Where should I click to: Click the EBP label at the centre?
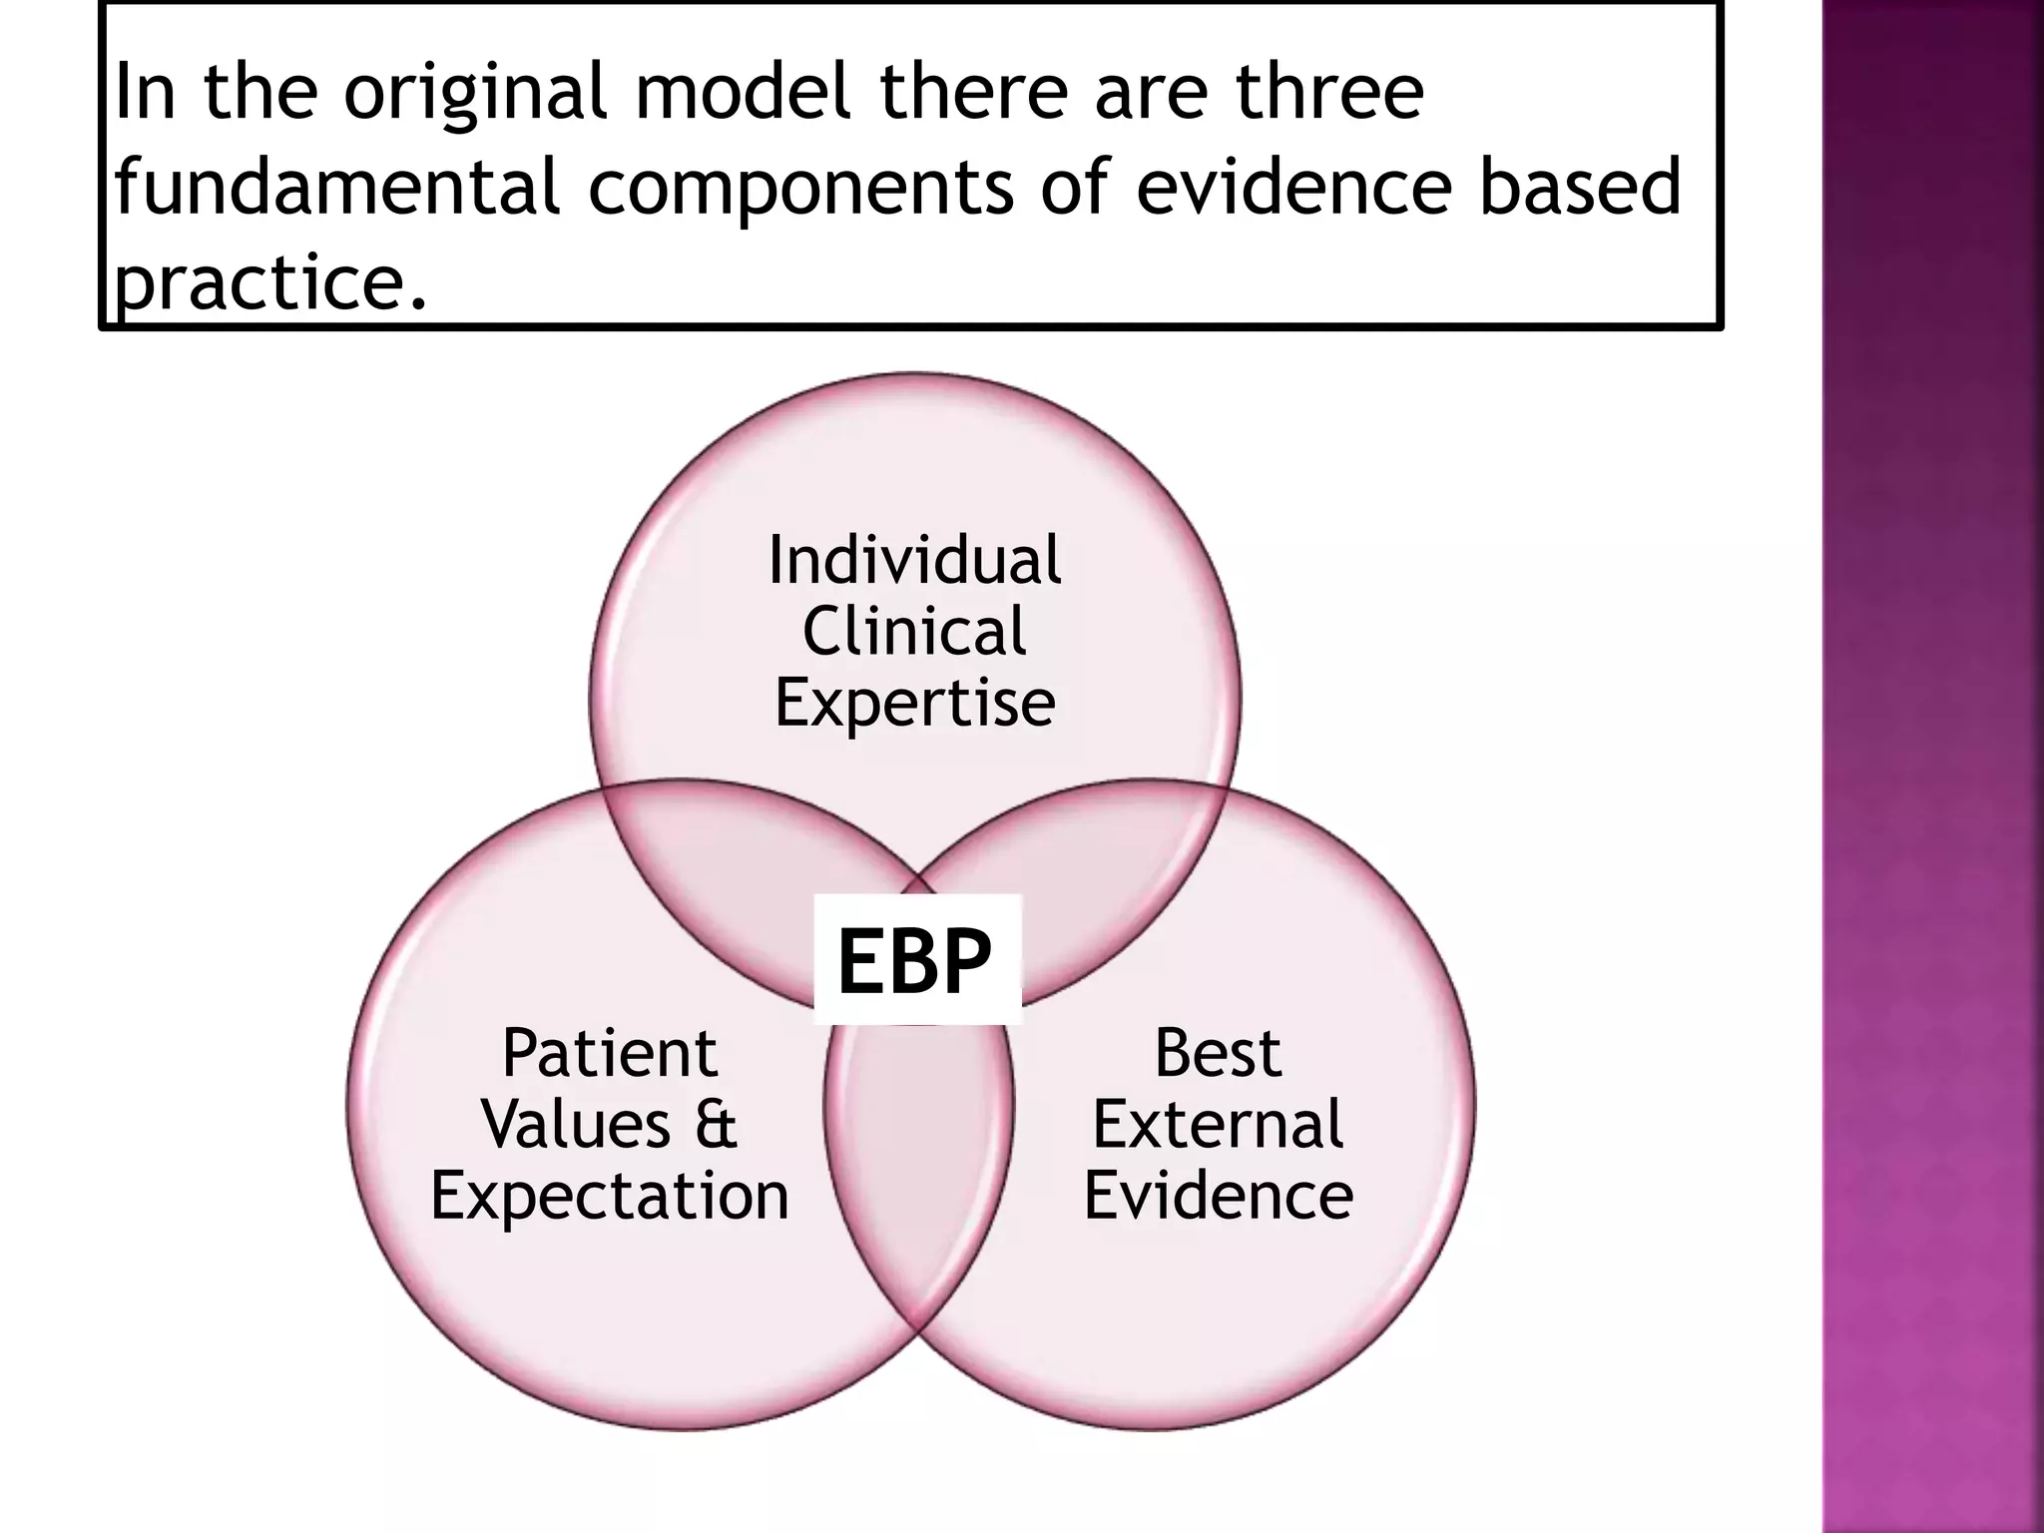(915, 960)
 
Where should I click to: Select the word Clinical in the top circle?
(914, 632)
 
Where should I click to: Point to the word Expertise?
(914, 704)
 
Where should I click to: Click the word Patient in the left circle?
(610, 1053)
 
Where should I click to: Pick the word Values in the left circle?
(576, 1125)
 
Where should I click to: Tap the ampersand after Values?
(716, 1125)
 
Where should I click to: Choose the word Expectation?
(610, 1196)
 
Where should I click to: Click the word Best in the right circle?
(1218, 1053)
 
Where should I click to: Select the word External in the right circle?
(1218, 1125)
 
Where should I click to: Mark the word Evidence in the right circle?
(1218, 1196)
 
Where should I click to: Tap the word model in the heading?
(743, 90)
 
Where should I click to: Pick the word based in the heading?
(1579, 187)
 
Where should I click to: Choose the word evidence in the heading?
(1293, 187)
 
